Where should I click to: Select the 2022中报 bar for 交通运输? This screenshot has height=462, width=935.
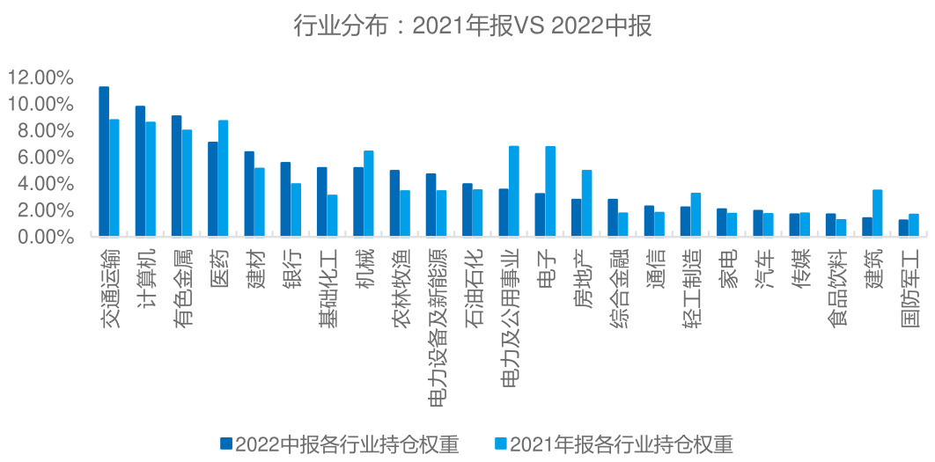pyautogui.click(x=104, y=162)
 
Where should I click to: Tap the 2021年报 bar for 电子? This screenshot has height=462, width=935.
pyautogui.click(x=550, y=192)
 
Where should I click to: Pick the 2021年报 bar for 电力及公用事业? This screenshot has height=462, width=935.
pyautogui.click(x=514, y=192)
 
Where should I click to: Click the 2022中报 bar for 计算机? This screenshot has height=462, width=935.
pyautogui.click(x=140, y=172)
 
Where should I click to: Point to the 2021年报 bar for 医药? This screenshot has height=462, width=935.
pyautogui.click(x=224, y=179)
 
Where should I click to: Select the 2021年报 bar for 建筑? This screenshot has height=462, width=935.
pyautogui.click(x=877, y=214)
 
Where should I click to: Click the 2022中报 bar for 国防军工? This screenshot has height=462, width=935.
pyautogui.click(x=903, y=229)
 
